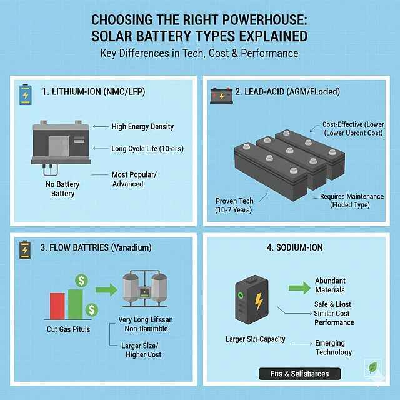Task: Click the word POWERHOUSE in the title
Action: click(264, 20)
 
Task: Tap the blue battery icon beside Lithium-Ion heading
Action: click(26, 94)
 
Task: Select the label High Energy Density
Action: click(142, 126)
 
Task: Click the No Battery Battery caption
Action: click(62, 189)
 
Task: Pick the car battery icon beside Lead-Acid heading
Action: click(221, 96)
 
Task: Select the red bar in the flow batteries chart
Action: click(57, 306)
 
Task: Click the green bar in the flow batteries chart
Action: click(75, 304)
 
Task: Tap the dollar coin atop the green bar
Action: click(82, 281)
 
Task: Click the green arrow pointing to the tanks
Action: click(106, 290)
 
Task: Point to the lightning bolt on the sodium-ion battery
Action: click(259, 301)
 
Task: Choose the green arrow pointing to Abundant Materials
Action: click(299, 288)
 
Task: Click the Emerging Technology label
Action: click(333, 347)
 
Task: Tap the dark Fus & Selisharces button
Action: click(299, 374)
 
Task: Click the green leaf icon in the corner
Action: click(372, 367)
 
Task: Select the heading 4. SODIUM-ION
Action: click(294, 247)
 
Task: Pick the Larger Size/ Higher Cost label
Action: click(141, 350)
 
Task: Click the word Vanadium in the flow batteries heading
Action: click(131, 247)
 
